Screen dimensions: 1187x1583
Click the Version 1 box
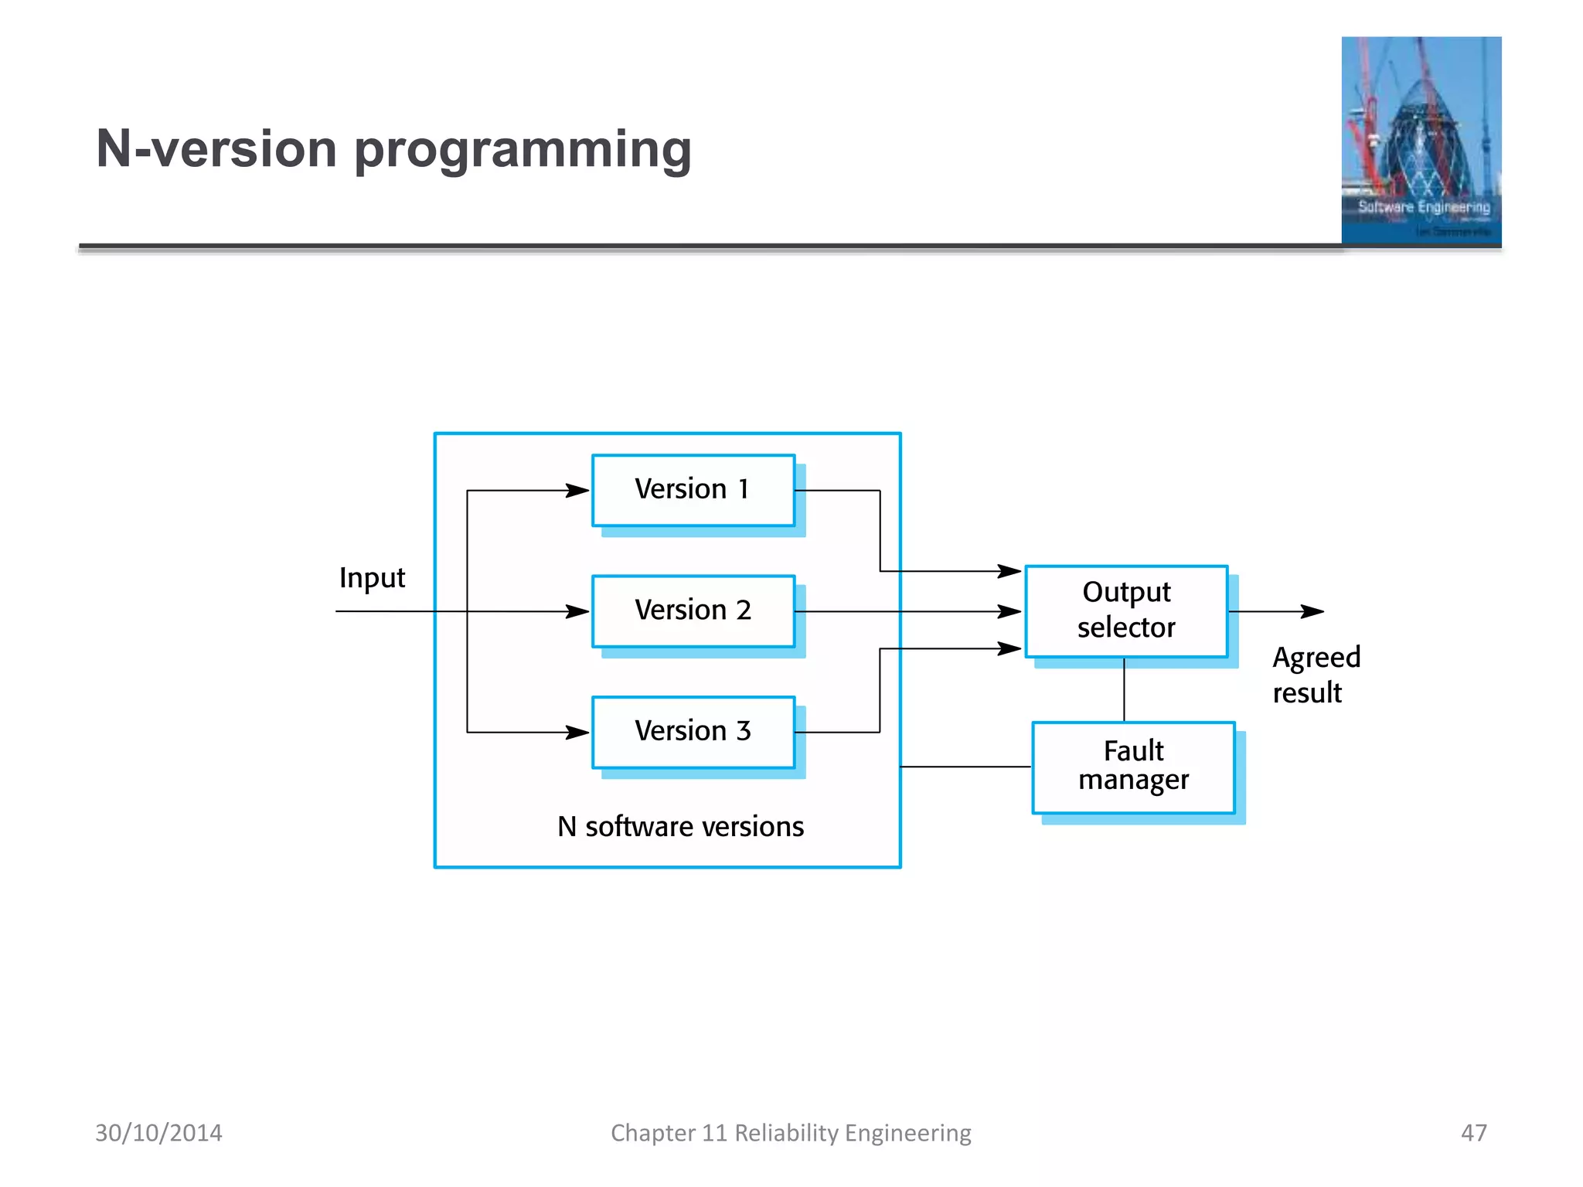coord(693,490)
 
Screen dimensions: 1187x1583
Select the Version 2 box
coord(693,611)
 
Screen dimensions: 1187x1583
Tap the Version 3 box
coord(693,732)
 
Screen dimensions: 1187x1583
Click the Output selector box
coord(1126,611)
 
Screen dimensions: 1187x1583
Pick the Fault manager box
coord(1133,767)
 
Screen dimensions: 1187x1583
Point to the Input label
coord(372,578)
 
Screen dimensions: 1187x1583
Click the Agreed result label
coord(1316,674)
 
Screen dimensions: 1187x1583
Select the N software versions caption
coord(680,827)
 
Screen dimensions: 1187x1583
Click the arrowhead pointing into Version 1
coord(578,491)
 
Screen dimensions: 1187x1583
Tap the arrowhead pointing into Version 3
coord(578,732)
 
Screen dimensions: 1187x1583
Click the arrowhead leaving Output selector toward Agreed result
coord(1312,611)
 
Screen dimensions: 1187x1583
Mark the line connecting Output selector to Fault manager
coord(1124,690)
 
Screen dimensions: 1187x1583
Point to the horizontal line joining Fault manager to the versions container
coord(966,767)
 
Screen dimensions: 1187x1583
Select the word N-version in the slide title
coord(216,148)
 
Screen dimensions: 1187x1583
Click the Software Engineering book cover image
coord(1421,141)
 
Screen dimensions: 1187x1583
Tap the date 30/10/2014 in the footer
coord(158,1133)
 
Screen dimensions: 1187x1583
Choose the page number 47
coord(1473,1133)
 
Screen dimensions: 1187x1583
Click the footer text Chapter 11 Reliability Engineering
coord(791,1133)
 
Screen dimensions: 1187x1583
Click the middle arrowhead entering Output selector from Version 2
coord(1009,611)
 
